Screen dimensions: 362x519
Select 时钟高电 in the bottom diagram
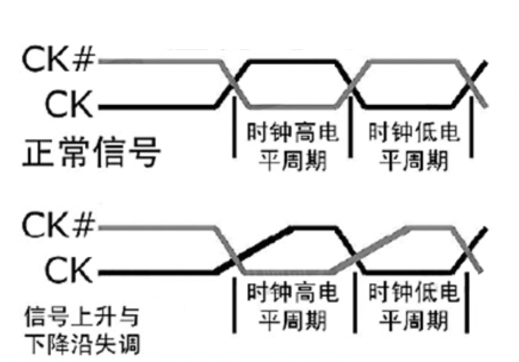point(292,293)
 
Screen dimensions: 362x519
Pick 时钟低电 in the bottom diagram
point(415,293)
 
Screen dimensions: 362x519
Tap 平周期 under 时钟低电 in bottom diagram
point(415,322)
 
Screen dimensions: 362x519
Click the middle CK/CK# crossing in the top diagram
point(353,83)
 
